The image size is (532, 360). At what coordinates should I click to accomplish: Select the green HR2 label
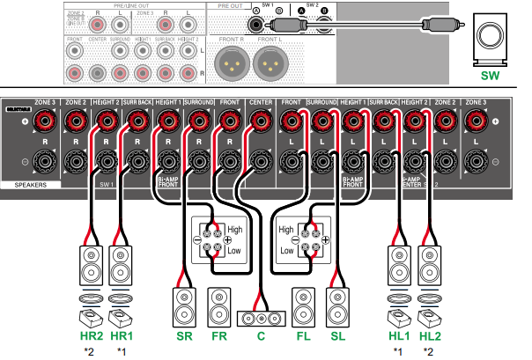pos(91,337)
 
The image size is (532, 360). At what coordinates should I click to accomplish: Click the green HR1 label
pos(121,337)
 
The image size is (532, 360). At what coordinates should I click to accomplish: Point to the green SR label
pos(184,337)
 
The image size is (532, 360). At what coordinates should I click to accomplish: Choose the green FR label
pos(218,337)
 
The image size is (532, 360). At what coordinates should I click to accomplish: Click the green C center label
pos(261,337)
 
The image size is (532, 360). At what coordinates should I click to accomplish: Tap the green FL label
pos(303,337)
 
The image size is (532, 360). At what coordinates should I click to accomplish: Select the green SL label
pos(336,337)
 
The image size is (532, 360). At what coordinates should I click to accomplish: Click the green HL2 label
pos(432,337)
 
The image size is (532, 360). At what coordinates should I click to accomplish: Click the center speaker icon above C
pos(261,317)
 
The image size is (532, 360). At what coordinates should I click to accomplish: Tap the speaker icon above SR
pos(184,304)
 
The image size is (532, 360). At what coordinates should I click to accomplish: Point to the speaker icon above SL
pos(336,304)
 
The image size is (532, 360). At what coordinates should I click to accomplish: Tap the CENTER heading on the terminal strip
pos(262,103)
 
